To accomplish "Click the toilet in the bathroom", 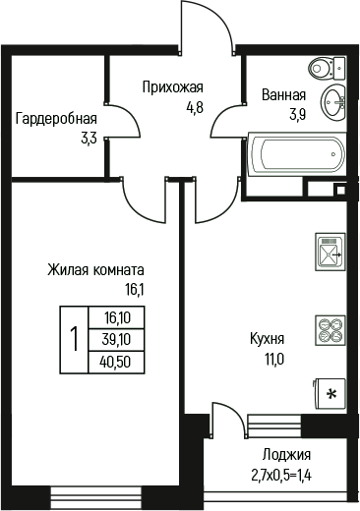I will (x=323, y=68).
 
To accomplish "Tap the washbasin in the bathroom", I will (x=334, y=98).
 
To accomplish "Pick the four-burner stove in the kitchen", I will (x=330, y=329).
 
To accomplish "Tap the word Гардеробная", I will (x=56, y=120).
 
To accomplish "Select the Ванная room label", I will (x=283, y=95).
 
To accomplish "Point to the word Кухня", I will (x=267, y=340).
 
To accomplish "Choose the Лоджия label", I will (x=286, y=454).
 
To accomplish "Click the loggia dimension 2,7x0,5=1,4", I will (x=286, y=474).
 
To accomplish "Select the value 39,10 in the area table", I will (x=116, y=339).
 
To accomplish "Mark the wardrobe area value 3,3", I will (x=88, y=139).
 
